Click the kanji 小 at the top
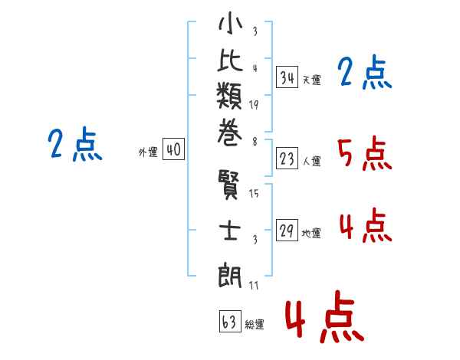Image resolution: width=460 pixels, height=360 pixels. pyautogui.click(x=231, y=25)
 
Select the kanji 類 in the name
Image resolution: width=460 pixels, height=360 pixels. pyautogui.click(x=231, y=99)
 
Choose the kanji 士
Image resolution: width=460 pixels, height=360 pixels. pyautogui.click(x=231, y=230)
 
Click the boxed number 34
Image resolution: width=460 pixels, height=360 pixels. pyautogui.click(x=287, y=77)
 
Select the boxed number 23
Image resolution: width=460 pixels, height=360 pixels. pyautogui.click(x=287, y=159)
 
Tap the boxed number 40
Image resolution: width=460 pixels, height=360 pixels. pyautogui.click(x=173, y=150)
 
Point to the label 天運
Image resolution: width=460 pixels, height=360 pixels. pyautogui.click(x=311, y=80)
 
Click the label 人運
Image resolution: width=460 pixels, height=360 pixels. pyautogui.click(x=311, y=162)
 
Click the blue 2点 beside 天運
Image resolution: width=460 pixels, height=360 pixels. pyautogui.click(x=364, y=74)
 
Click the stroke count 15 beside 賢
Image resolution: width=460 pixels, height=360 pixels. pyautogui.click(x=255, y=194)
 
